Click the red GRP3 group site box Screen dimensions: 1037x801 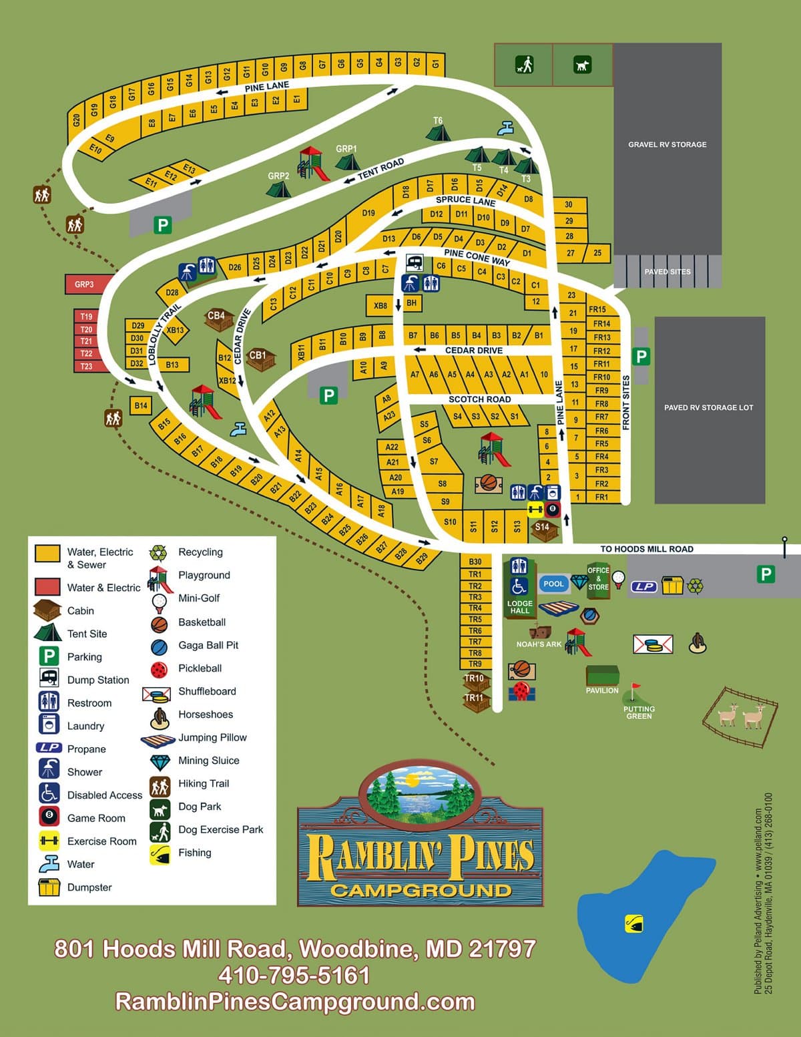pos(85,284)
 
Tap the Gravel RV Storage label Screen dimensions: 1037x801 pos(667,144)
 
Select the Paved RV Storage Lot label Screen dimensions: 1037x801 pos(708,407)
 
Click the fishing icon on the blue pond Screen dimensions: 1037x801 pos(633,923)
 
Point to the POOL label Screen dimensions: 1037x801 pos(553,584)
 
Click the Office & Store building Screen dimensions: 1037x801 pos(598,580)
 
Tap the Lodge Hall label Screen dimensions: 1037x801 pos(519,607)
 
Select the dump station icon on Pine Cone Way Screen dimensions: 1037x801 pos(415,262)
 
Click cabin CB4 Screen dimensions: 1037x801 pos(216,319)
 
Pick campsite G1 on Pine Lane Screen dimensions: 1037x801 pos(436,63)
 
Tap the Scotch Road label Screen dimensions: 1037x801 pos(479,399)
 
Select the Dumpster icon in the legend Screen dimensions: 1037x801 pos(49,887)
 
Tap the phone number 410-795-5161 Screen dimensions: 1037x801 pos(294,975)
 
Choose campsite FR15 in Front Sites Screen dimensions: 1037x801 pos(597,309)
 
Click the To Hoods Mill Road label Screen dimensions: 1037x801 pos(646,549)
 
